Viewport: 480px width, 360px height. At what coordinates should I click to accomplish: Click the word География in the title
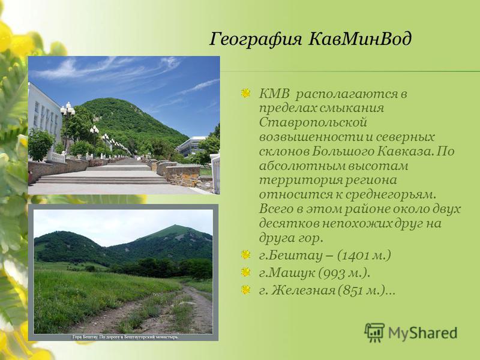pyautogui.click(x=256, y=40)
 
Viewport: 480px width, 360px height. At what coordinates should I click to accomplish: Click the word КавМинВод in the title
pyautogui.click(x=359, y=39)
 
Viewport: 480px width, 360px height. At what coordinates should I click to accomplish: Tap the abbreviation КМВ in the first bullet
pyautogui.click(x=274, y=94)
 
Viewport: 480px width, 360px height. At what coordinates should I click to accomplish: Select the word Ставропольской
pyautogui.click(x=313, y=122)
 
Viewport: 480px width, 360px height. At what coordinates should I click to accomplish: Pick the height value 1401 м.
pyautogui.click(x=364, y=256)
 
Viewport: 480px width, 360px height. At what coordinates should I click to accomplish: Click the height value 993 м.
pyautogui.click(x=343, y=273)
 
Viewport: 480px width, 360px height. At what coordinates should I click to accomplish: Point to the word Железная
pyautogui.click(x=304, y=290)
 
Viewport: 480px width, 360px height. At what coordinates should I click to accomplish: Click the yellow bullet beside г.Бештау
pyautogui.click(x=245, y=254)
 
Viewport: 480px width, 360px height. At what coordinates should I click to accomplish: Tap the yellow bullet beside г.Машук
pyautogui.click(x=245, y=272)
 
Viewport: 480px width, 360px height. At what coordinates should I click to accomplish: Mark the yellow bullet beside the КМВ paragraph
pyautogui.click(x=245, y=94)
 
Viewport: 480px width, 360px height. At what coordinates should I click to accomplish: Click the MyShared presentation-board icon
pyautogui.click(x=374, y=332)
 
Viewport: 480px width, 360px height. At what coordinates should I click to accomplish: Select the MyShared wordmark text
pyautogui.click(x=423, y=333)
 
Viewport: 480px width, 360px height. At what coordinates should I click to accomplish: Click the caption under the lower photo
pyautogui.click(x=125, y=337)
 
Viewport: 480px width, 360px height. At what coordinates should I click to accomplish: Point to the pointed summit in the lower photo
pyautogui.click(x=175, y=226)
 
